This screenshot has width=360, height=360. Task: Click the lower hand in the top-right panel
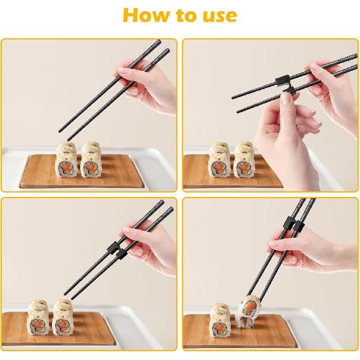[x=276, y=138]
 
